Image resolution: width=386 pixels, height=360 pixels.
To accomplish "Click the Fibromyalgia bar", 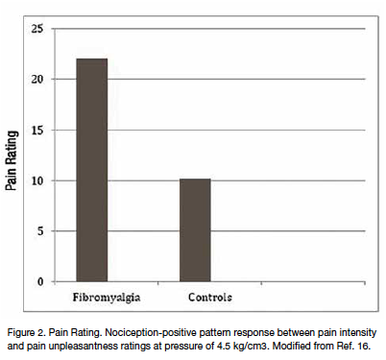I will point(92,170).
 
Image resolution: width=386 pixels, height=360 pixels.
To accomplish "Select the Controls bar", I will point(195,230).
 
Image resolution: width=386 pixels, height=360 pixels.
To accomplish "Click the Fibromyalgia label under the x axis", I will point(92,297).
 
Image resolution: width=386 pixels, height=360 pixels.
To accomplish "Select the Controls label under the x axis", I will point(195,297).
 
